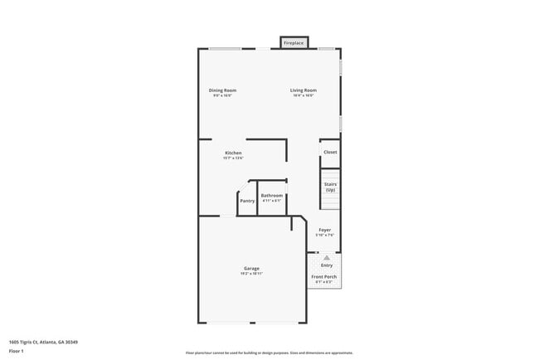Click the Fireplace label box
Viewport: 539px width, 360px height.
tap(294, 42)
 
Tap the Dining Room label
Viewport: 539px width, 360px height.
tap(222, 90)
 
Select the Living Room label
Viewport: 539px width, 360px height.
tap(303, 90)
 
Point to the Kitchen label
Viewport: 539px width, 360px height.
tap(233, 153)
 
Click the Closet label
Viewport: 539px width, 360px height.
tap(330, 152)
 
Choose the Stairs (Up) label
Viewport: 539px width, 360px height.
tap(330, 187)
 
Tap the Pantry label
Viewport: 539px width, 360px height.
tap(247, 201)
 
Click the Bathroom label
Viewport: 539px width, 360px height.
tap(272, 196)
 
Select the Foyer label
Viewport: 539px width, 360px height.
tap(325, 230)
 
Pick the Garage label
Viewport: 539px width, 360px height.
tap(251, 268)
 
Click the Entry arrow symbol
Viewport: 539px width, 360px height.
tap(327, 258)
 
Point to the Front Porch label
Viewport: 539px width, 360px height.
tap(324, 276)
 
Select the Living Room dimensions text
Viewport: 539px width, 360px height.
tap(303, 95)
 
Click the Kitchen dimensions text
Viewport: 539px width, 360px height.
tap(233, 158)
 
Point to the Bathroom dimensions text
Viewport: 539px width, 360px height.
tap(272, 201)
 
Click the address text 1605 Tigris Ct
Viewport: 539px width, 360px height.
tap(43, 341)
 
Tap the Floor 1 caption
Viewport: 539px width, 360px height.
tap(16, 351)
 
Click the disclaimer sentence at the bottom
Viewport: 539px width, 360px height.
tap(269, 353)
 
